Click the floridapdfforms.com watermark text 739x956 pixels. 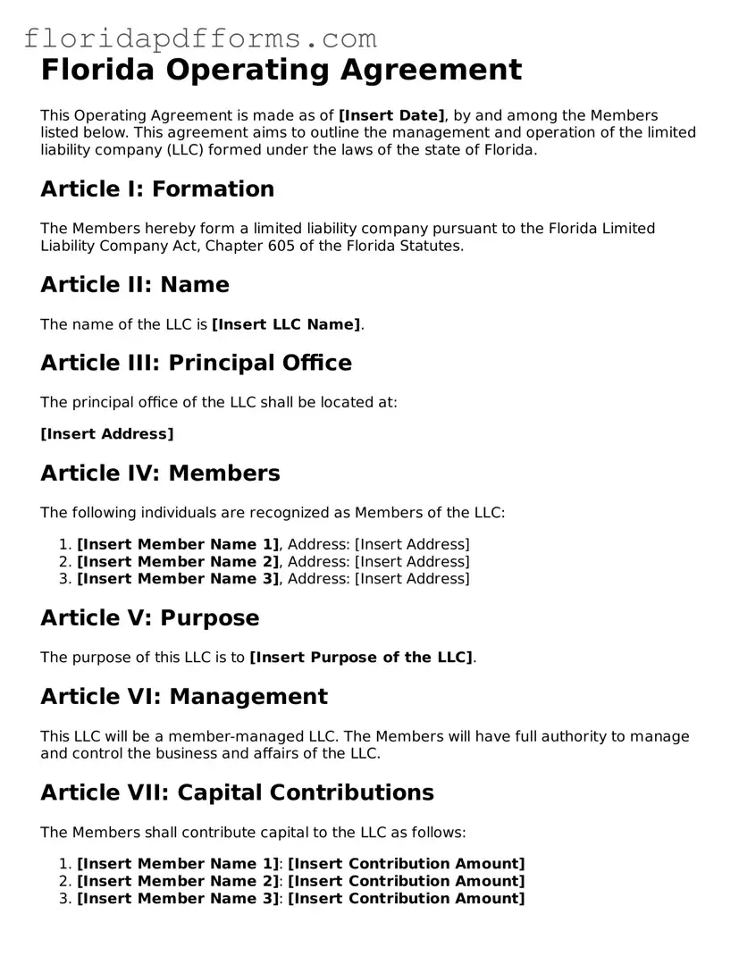tap(200, 38)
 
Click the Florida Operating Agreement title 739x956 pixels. tap(281, 70)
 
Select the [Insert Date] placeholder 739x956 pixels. tap(391, 115)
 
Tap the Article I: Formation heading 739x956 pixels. tap(157, 189)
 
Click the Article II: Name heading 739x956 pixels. tap(135, 285)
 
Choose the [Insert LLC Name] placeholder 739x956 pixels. tap(286, 324)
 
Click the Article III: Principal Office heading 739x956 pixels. tap(196, 363)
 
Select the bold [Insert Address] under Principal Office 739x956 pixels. tap(107, 434)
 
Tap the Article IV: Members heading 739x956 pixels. tap(160, 474)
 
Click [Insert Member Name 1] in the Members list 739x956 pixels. tap(178, 544)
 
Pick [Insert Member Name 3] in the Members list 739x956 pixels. tap(178, 579)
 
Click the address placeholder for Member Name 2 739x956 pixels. tap(412, 562)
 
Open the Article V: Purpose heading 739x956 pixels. tap(150, 618)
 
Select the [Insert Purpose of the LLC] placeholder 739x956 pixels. tap(361, 658)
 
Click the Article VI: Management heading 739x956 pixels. tap(184, 697)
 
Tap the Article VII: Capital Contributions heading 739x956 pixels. tap(237, 792)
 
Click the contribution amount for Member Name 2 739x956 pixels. tap(407, 881)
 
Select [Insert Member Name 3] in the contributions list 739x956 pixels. tap(178, 899)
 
